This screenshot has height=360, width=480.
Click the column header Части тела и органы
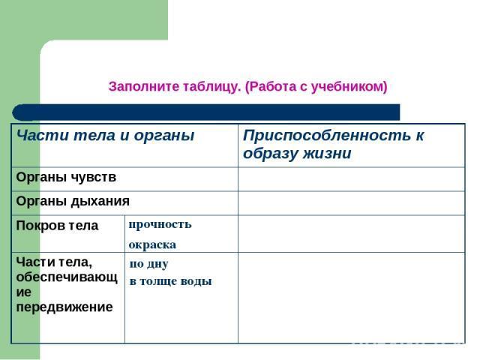click(105, 136)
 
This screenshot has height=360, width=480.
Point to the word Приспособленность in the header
click(327, 136)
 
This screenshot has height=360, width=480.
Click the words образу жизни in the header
click(297, 153)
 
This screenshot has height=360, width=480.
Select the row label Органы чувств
click(66, 178)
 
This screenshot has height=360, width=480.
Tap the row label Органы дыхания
click(73, 202)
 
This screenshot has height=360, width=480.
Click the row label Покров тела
click(57, 226)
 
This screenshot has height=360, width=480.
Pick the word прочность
click(160, 225)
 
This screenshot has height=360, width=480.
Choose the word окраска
click(152, 245)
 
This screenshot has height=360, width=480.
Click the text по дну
click(149, 264)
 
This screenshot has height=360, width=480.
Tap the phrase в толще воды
click(171, 282)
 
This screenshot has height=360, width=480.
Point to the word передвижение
click(64, 307)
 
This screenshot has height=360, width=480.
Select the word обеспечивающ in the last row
click(67, 277)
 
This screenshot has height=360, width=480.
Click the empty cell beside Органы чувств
click(352, 179)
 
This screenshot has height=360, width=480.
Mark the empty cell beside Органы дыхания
click(352, 203)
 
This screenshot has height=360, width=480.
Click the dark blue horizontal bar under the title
click(206, 112)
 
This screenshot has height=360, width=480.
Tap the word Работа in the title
click(271, 87)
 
